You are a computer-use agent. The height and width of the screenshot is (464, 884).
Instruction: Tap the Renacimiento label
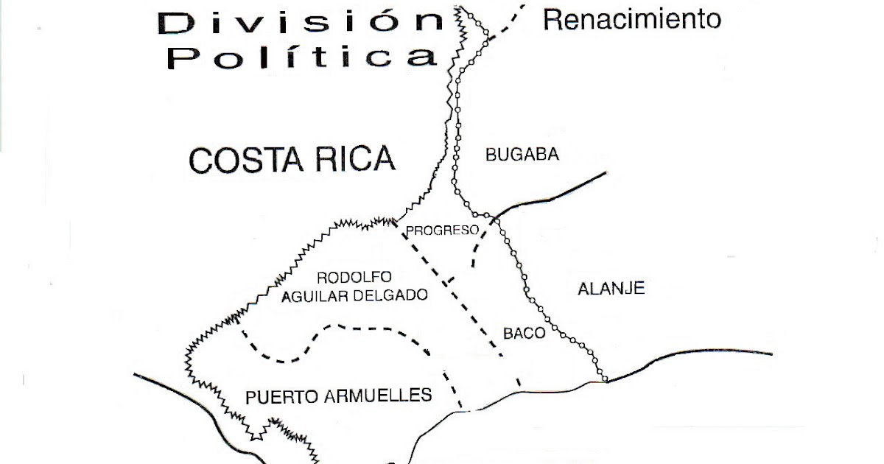[631, 19]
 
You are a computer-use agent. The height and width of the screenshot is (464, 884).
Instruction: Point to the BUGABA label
[522, 155]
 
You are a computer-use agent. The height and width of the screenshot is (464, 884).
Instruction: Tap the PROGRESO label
[443, 230]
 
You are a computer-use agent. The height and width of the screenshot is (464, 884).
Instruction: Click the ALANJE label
[611, 288]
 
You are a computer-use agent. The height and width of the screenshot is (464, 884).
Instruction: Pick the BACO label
[524, 333]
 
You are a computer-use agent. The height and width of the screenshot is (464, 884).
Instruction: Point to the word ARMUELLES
[377, 396]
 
